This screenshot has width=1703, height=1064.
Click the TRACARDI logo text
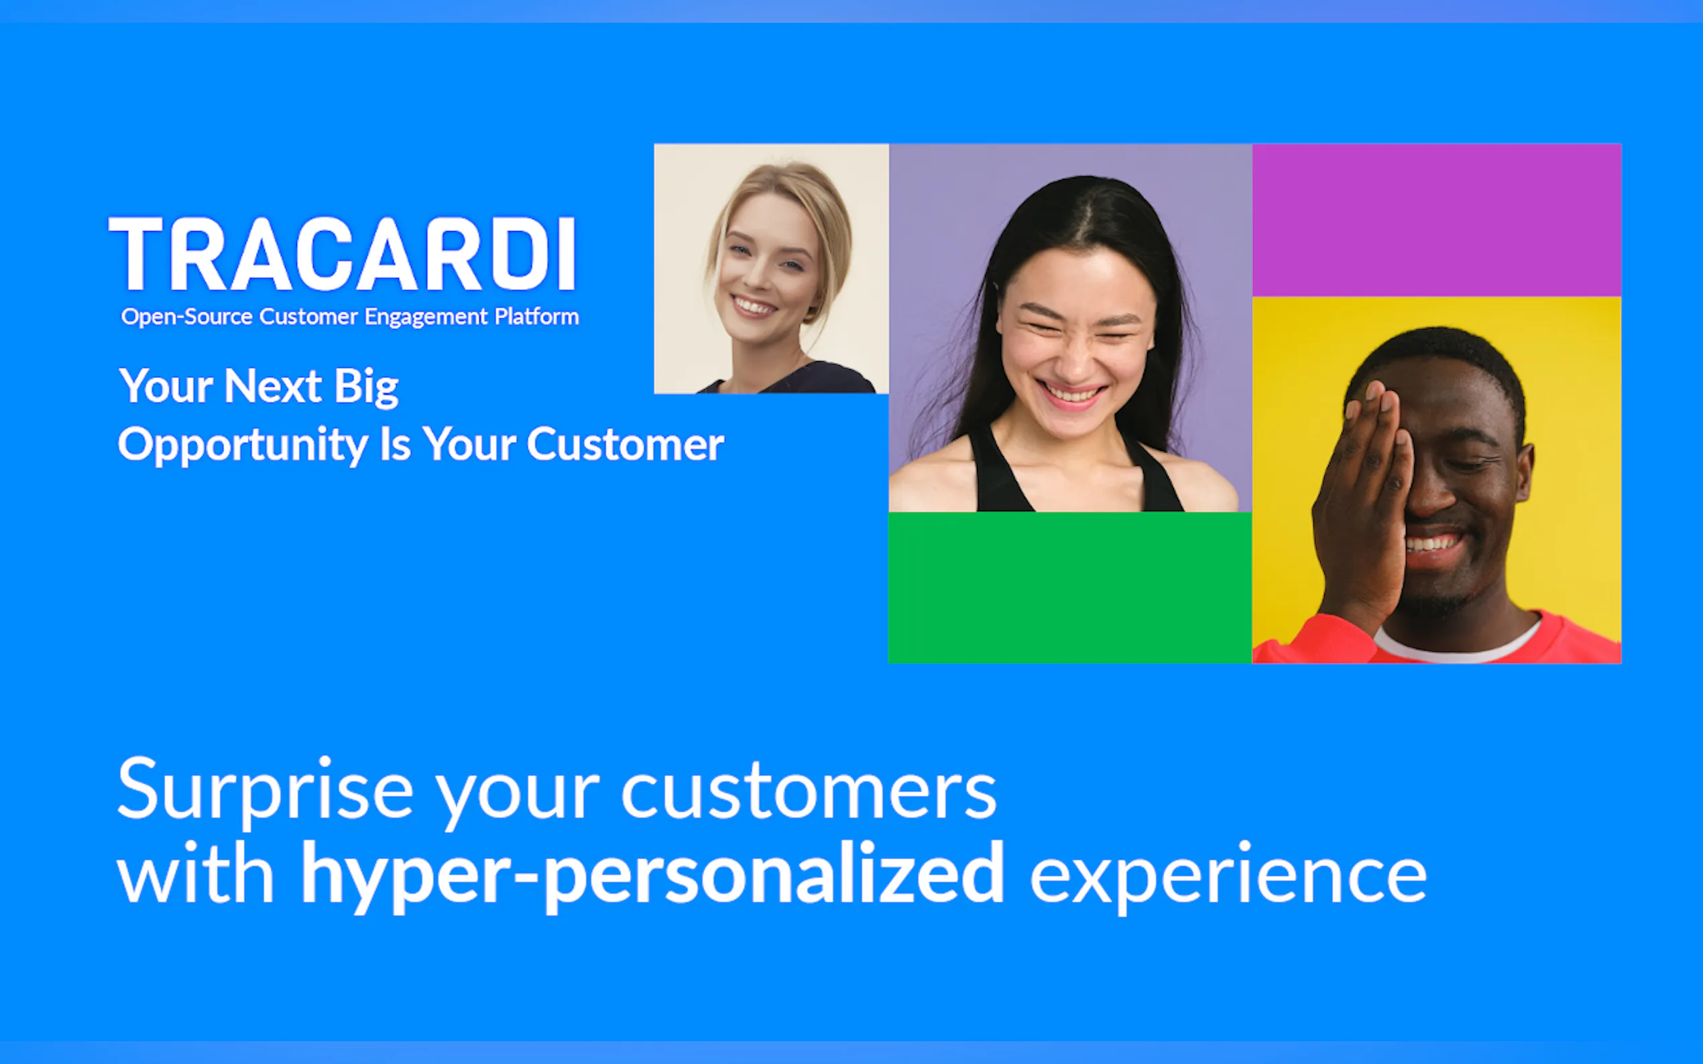pyautogui.click(x=343, y=253)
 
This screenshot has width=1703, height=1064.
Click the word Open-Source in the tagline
pyautogui.click(x=186, y=318)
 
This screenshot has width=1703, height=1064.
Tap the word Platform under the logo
pyautogui.click(x=536, y=317)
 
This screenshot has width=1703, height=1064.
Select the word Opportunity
pyautogui.click(x=243, y=446)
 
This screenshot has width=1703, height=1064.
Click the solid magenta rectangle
pyautogui.click(x=1436, y=220)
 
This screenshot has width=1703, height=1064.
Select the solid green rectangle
pyautogui.click(x=1070, y=588)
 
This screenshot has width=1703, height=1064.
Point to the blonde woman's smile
pyautogui.click(x=754, y=307)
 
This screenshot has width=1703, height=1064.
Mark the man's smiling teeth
pyautogui.click(x=1432, y=544)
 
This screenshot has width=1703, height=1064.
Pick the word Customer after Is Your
pyautogui.click(x=625, y=445)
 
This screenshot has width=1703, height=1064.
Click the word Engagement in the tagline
pyautogui.click(x=426, y=318)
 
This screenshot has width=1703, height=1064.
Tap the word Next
pyautogui.click(x=273, y=387)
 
